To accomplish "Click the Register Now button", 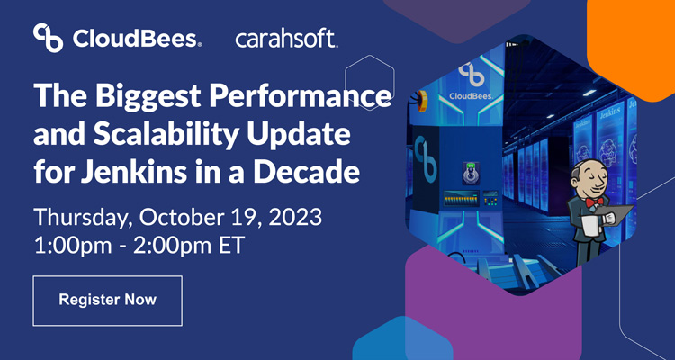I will click(x=107, y=300).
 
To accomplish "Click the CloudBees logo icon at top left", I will click(x=48, y=38).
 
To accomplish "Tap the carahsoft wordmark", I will click(x=286, y=38).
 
